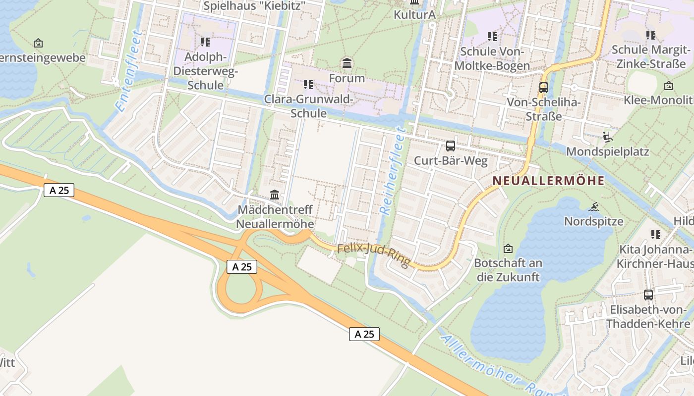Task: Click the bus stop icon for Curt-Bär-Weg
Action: [450, 146]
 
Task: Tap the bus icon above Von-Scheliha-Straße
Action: [543, 88]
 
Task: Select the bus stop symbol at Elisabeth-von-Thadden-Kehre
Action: [648, 295]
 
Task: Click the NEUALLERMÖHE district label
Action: [549, 181]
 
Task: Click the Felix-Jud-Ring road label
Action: [374, 254]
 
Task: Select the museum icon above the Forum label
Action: [347, 63]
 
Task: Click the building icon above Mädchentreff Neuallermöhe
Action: [275, 195]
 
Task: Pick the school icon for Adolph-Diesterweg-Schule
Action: [205, 42]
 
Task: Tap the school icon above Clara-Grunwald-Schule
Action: [308, 85]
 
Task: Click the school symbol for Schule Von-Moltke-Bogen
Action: [492, 37]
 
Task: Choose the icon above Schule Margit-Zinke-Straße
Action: [650, 35]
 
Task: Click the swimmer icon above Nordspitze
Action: [594, 206]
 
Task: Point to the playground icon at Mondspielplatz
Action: [608, 136]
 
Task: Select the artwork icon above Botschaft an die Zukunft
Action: [508, 248]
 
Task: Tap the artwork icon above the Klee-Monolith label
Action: [668, 86]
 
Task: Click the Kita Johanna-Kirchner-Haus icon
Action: [655, 235]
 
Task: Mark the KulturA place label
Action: [414, 14]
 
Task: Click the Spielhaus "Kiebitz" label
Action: [254, 6]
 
